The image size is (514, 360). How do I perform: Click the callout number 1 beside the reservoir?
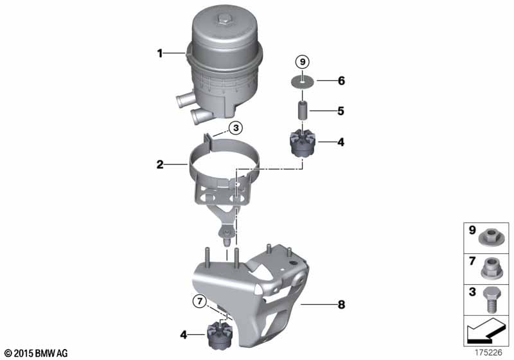click(x=160, y=54)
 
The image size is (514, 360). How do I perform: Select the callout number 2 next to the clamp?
click(x=160, y=165)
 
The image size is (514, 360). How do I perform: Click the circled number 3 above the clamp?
click(x=236, y=128)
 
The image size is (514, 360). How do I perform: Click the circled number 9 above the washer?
click(x=302, y=62)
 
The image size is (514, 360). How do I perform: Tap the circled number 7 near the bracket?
click(x=199, y=300)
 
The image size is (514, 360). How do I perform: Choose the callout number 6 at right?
click(x=341, y=81)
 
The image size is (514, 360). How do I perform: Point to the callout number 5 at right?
click(x=341, y=111)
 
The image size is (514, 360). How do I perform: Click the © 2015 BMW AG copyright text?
click(x=36, y=353)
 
